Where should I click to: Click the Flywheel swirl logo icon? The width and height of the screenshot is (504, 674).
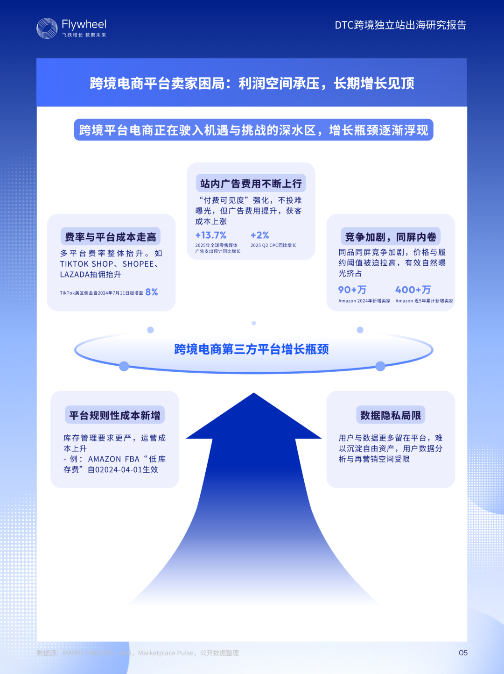coord(47,28)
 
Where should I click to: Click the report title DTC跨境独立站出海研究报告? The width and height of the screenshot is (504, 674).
coord(400,25)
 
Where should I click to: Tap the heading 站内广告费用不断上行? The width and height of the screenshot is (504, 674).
coord(251,184)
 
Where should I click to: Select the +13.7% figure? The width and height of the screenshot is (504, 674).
coord(211,235)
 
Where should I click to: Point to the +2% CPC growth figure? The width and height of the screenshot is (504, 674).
coord(260,235)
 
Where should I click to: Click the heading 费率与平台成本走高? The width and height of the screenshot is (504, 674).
coord(111,237)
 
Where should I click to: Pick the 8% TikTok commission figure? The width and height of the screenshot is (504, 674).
coord(152,292)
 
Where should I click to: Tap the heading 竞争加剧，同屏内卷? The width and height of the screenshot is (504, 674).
coord(391,237)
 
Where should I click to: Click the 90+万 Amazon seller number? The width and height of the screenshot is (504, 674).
coord(352,290)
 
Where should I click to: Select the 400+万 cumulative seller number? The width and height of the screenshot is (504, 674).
coord(413,290)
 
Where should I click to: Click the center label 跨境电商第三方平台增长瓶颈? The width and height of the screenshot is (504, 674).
coord(252,349)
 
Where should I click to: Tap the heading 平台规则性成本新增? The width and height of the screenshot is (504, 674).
coord(115,415)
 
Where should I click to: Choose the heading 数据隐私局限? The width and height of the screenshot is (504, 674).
coord(391,415)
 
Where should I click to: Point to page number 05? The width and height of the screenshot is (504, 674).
coord(463,653)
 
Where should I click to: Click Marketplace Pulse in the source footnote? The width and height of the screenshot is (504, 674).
coord(166,653)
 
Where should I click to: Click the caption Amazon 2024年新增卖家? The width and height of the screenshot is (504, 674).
coord(364,301)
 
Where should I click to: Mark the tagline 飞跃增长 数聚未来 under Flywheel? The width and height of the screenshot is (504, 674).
coord(84,35)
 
